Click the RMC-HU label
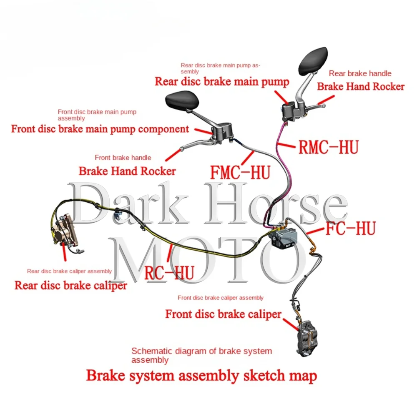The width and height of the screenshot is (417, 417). click(x=328, y=147)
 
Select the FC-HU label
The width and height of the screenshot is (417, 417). click(x=350, y=229)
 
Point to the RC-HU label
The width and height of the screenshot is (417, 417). click(x=169, y=273)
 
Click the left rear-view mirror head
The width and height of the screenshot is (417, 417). click(x=182, y=100)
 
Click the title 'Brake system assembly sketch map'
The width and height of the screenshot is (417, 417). click(x=201, y=375)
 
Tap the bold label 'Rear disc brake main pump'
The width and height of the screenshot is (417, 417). click(x=222, y=81)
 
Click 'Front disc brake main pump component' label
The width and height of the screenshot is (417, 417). click(x=100, y=129)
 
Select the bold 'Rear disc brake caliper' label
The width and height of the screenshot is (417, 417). click(x=70, y=286)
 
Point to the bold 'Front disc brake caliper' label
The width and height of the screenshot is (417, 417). click(x=224, y=314)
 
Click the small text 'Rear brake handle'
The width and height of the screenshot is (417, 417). click(x=360, y=73)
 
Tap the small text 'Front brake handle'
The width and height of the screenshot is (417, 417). click(x=123, y=158)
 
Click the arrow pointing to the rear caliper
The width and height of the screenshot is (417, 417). click(x=64, y=252)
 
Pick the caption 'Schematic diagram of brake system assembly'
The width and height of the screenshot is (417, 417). click(x=201, y=355)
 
